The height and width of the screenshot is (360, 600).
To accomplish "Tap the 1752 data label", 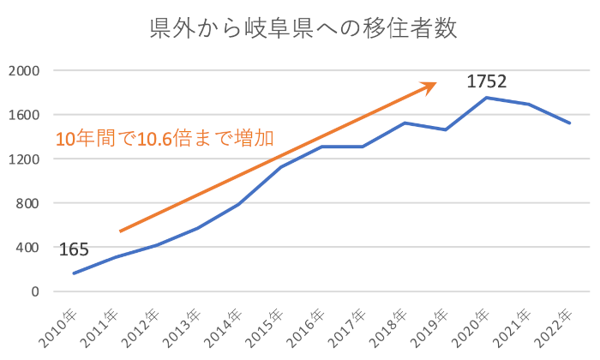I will (487, 82).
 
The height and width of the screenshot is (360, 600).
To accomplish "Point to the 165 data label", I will (74, 250).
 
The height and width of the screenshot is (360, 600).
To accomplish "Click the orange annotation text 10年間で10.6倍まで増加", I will (165, 139).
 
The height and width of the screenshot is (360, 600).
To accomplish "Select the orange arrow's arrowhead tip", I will (436, 83).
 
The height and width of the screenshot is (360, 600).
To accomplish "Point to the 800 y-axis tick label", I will (27, 203).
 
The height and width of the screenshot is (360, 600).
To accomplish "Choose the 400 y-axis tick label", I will (27, 248).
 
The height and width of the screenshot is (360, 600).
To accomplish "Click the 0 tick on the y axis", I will (35, 291).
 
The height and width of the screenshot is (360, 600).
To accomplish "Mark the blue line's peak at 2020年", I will (487, 98).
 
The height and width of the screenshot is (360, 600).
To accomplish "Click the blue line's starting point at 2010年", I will (75, 273).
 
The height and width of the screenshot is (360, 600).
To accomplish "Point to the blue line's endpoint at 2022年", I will (569, 123).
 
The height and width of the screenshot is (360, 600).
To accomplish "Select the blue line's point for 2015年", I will (280, 166).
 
